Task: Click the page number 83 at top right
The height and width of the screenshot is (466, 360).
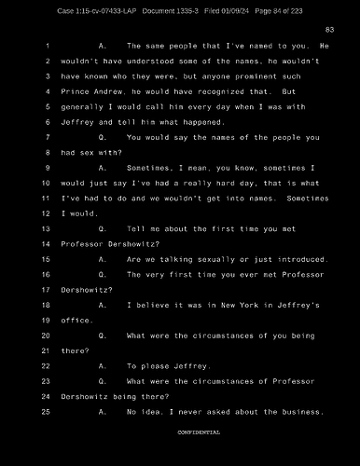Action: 329,30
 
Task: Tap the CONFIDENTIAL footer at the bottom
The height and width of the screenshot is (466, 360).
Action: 199,432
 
